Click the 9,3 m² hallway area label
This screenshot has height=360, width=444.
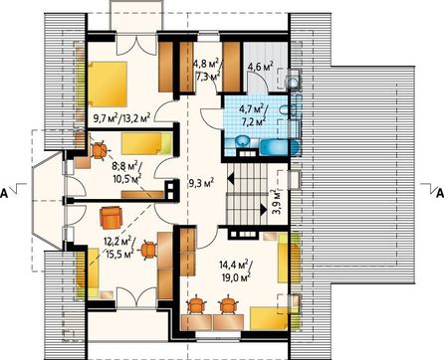pyautogui.click(x=201, y=183)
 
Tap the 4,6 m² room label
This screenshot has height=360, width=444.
pyautogui.click(x=261, y=67)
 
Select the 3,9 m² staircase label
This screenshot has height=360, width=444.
pyautogui.click(x=275, y=202)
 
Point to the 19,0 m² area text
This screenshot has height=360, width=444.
pyautogui.click(x=235, y=276)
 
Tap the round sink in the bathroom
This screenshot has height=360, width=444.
pyautogui.click(x=244, y=141)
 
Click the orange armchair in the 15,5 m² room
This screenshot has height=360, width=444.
pyautogui.click(x=111, y=218)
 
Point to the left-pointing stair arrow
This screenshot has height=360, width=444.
pyautogui.click(x=231, y=179)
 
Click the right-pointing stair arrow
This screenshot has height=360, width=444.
pyautogui.click(x=264, y=210)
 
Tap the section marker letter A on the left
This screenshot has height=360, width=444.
pyautogui.click(x=4, y=194)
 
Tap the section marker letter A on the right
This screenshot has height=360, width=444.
pyautogui.click(x=439, y=193)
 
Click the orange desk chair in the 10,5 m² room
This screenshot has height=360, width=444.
pyautogui.click(x=99, y=150)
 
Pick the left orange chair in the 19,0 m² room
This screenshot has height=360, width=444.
pyautogui.click(x=196, y=304)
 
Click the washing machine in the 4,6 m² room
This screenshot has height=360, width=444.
pyautogui.click(x=293, y=80)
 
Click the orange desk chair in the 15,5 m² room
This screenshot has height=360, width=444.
pyautogui.click(x=148, y=251)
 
